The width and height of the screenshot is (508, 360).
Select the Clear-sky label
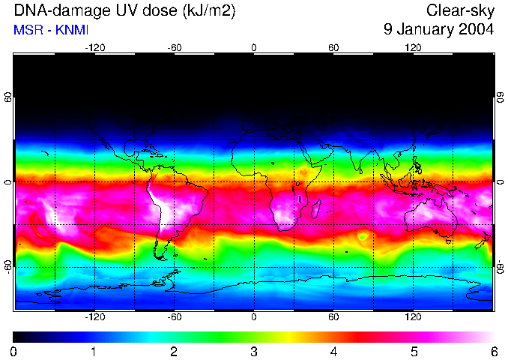(x=460, y=10)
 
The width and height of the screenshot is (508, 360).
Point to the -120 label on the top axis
(x=94, y=47)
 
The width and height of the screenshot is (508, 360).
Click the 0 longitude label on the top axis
(x=254, y=47)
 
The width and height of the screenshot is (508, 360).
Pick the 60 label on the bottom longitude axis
(x=333, y=317)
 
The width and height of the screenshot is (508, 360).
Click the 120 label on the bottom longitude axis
(x=413, y=317)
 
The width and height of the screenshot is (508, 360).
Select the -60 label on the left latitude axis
(x=8, y=267)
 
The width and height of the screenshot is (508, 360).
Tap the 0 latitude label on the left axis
(x=8, y=182)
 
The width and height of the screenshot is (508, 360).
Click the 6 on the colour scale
(x=494, y=351)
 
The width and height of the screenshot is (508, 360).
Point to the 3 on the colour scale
(x=254, y=351)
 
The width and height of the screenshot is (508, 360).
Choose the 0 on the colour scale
(x=14, y=351)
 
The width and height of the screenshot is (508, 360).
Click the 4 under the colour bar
(x=334, y=351)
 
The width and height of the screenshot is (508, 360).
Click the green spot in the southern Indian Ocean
(x=363, y=236)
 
